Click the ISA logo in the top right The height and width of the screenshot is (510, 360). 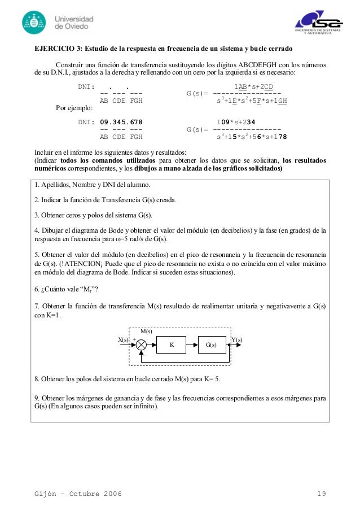pyautogui.click(x=318, y=23)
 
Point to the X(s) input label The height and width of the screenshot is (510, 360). pyautogui.click(x=124, y=340)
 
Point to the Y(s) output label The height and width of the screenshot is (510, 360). pyautogui.click(x=237, y=340)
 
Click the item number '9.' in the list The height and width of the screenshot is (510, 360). pyautogui.click(x=37, y=398)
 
